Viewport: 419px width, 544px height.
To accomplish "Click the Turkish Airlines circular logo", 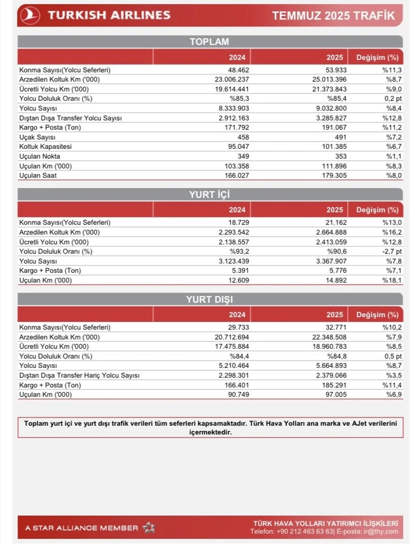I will (x=30, y=15).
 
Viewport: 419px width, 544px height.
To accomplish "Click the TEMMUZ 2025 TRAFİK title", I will (x=333, y=15).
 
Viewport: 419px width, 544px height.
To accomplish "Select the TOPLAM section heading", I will (x=209, y=42).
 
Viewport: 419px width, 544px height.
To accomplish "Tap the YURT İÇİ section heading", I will (x=209, y=195).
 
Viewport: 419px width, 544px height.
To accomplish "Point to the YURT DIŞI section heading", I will (x=209, y=299).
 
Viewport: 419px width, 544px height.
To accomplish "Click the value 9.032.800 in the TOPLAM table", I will (x=331, y=108).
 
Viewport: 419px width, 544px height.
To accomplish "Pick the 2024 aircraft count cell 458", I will (x=243, y=137).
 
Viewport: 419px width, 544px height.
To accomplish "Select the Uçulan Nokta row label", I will (x=40, y=156).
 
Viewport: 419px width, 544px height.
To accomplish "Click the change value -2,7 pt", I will (x=392, y=251).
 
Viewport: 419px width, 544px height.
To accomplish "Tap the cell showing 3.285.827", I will (x=331, y=118).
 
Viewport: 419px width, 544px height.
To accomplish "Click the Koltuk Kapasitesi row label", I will (x=45, y=146).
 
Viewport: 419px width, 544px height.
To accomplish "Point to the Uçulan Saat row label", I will (x=38, y=176).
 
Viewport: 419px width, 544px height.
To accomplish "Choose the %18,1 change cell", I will (x=392, y=280).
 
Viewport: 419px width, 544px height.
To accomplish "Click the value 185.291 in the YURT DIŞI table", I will (x=334, y=385).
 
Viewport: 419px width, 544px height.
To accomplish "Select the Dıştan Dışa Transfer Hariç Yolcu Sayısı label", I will (x=79, y=375).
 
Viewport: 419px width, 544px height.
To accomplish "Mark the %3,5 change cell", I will (x=394, y=375).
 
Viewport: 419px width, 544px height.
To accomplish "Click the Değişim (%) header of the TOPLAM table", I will (x=377, y=58).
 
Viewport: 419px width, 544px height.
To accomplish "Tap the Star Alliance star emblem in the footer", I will (x=149, y=527).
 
